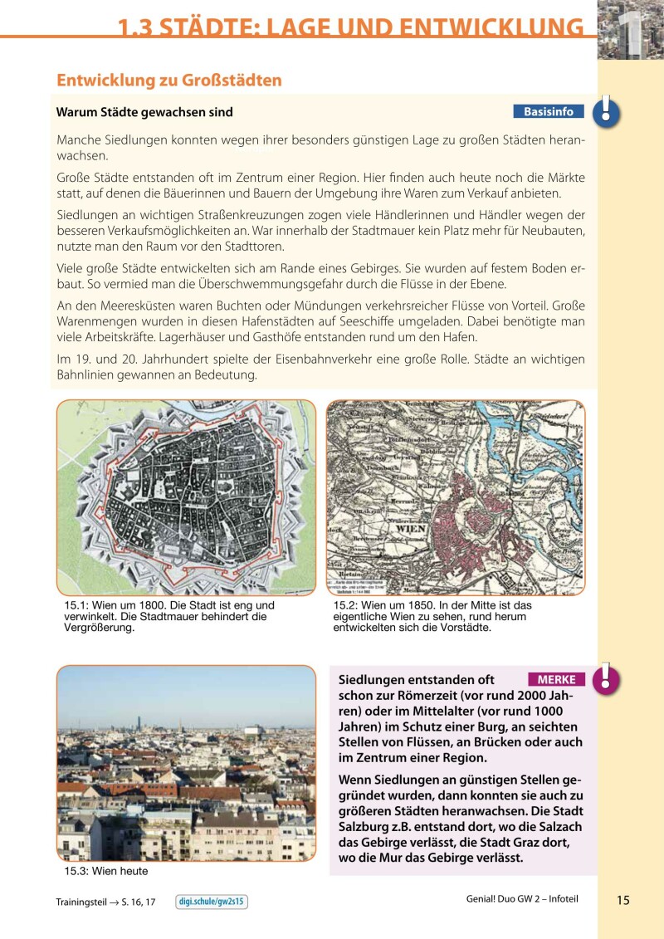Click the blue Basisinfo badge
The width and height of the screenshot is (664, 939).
pos(549,111)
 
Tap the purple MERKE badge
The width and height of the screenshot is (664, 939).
pos(556,679)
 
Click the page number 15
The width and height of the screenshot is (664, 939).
pos(623,901)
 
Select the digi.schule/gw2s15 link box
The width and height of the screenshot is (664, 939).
pos(212,902)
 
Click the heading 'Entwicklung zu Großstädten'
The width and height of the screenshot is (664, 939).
pos(169,81)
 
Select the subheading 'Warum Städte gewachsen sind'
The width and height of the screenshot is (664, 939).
pos(144,112)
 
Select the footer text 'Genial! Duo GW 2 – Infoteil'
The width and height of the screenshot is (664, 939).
pos(521,900)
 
